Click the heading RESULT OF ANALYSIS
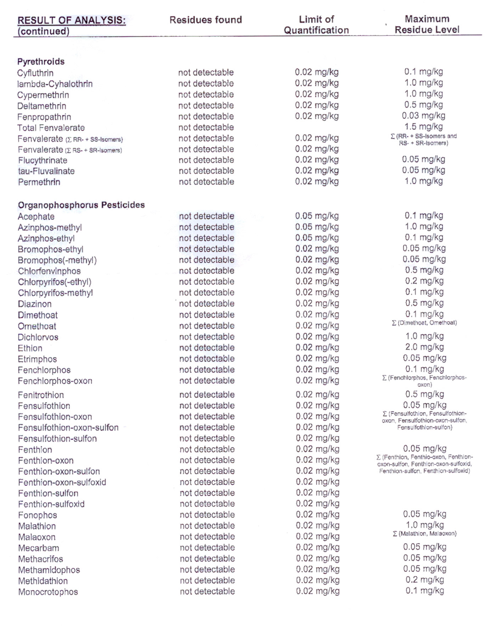coord(72,21)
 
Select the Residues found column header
coord(205,20)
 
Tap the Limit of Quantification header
coord(316,24)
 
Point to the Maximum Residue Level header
coord(427,24)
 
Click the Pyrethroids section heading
coord(41,62)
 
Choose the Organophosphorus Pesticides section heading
coord(81,205)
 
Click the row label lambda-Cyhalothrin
coord(55,84)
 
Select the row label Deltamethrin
coord(41,106)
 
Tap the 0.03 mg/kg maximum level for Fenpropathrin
coord(423,116)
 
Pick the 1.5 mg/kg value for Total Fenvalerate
coord(424,127)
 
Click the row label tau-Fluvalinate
coord(46,171)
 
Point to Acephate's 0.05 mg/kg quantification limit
coord(317,216)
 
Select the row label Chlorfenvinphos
coord(49,271)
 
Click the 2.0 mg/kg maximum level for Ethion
coord(424,347)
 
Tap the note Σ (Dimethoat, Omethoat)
coord(424,323)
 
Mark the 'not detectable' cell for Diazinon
coord(207,304)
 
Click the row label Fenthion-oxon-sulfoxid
coord(62,482)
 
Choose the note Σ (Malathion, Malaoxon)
coord(424,533)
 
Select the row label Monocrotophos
coord(48,592)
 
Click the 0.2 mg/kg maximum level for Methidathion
coord(424,580)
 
